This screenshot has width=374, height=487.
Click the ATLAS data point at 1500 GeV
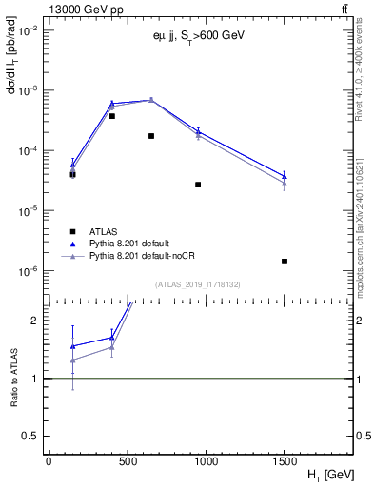[285, 262]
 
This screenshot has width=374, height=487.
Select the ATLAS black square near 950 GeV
[198, 185]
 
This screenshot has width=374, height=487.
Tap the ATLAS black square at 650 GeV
[151, 136]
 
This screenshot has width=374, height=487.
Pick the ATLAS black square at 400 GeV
[112, 116]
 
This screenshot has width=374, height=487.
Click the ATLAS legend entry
[104, 231]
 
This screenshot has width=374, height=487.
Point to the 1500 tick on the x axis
[285, 461]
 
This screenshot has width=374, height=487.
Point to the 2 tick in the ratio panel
[36, 321]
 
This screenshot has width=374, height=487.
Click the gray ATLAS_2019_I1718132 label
[197, 284]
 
